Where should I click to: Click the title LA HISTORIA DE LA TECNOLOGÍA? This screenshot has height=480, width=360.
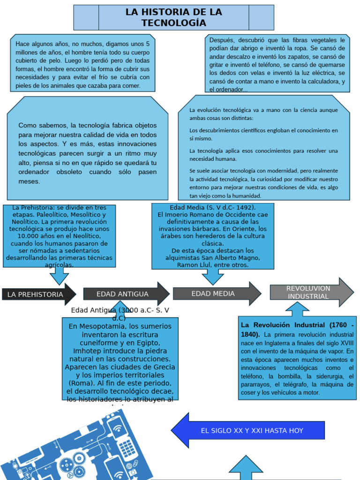[173, 18]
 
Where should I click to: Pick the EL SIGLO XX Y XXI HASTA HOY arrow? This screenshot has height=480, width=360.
[248, 430]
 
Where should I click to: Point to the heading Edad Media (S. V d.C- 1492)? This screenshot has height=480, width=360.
[212, 207]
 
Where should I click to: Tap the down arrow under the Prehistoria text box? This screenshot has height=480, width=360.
[59, 276]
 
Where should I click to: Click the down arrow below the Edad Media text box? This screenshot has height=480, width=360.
[213, 277]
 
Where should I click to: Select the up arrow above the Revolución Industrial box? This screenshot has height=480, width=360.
[297, 309]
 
